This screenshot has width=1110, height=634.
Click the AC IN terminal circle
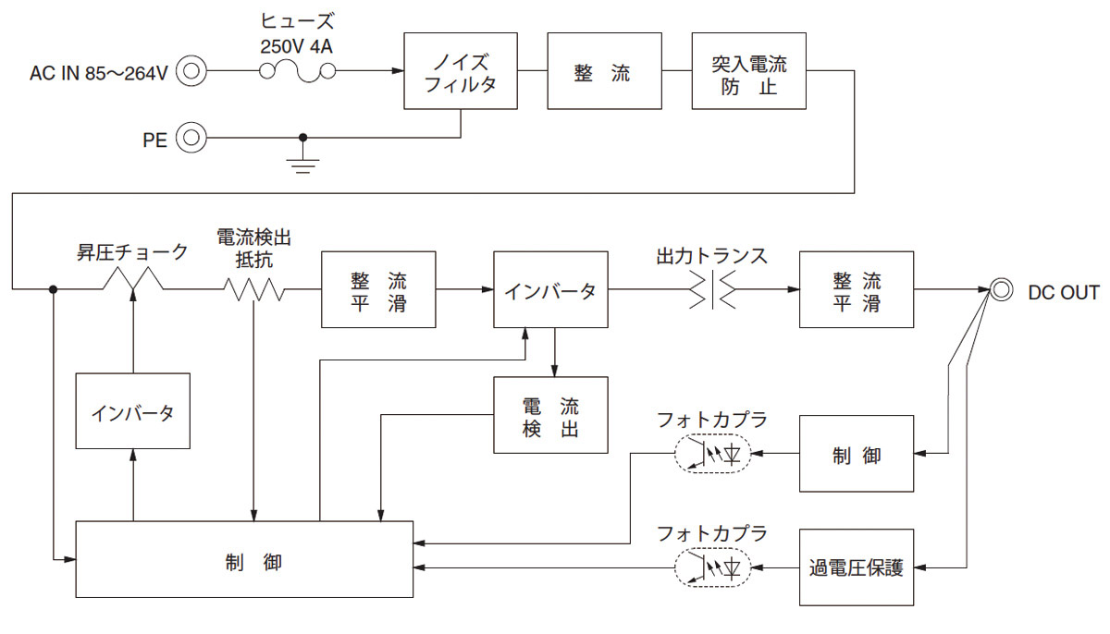tap(191, 70)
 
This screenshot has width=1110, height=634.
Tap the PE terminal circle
tap(191, 139)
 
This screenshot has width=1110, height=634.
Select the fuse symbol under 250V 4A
tap(296, 71)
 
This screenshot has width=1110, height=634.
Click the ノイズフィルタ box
tap(461, 71)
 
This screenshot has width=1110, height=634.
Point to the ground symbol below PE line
tap(302, 164)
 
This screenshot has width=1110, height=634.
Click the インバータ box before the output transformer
tap(551, 290)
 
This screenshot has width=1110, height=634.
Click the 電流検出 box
tap(551, 415)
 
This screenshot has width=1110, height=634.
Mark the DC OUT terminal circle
tap(999, 291)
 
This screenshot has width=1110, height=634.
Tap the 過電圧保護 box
tap(856, 567)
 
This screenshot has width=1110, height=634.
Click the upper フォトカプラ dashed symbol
tap(711, 454)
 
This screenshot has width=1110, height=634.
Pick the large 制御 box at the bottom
tap(244, 559)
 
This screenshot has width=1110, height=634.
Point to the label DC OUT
tap(1064, 293)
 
